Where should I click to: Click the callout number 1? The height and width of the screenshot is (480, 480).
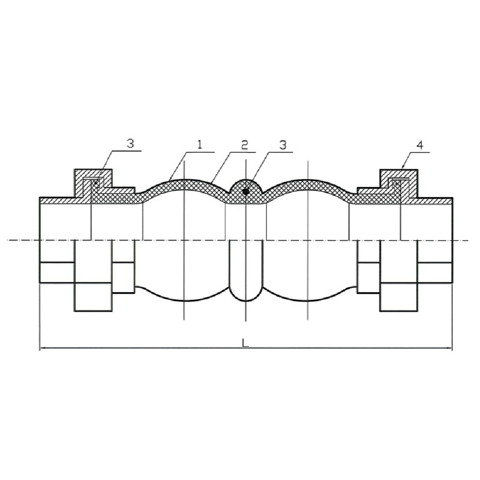200,144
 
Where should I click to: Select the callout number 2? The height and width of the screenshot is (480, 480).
244,145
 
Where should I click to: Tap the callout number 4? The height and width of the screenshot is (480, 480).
420,145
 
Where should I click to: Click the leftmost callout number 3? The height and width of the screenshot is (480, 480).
131,144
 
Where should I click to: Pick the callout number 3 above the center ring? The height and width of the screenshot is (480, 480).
283,145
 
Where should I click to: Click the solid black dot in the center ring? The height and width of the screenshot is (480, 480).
245,192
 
